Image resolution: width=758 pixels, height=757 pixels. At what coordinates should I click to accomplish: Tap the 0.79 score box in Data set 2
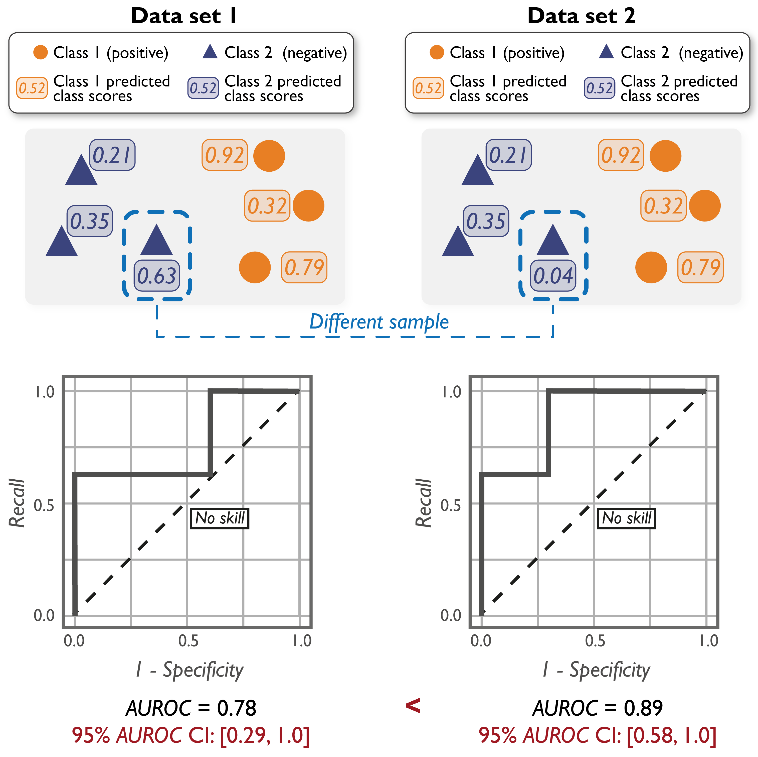pyautogui.click(x=700, y=267)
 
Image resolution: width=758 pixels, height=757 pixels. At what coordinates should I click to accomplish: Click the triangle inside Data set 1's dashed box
pyautogui.click(x=156, y=241)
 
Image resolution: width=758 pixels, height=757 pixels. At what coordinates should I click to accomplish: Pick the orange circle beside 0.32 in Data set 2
pyautogui.click(x=705, y=206)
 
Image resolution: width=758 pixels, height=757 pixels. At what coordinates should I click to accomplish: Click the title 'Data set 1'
pyautogui.click(x=183, y=16)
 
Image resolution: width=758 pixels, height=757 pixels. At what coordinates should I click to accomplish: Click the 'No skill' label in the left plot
pyautogui.click(x=220, y=518)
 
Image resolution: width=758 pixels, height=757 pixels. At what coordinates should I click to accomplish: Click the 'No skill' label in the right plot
pyautogui.click(x=626, y=518)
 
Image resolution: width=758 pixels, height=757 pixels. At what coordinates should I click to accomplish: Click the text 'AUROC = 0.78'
pyautogui.click(x=191, y=708)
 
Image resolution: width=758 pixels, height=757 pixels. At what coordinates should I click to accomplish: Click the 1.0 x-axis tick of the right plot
pyautogui.click(x=709, y=641)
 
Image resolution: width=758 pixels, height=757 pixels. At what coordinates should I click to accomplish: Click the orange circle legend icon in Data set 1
pyautogui.click(x=40, y=52)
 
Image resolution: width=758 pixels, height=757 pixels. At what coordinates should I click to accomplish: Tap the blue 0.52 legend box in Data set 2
pyautogui.click(x=599, y=88)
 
